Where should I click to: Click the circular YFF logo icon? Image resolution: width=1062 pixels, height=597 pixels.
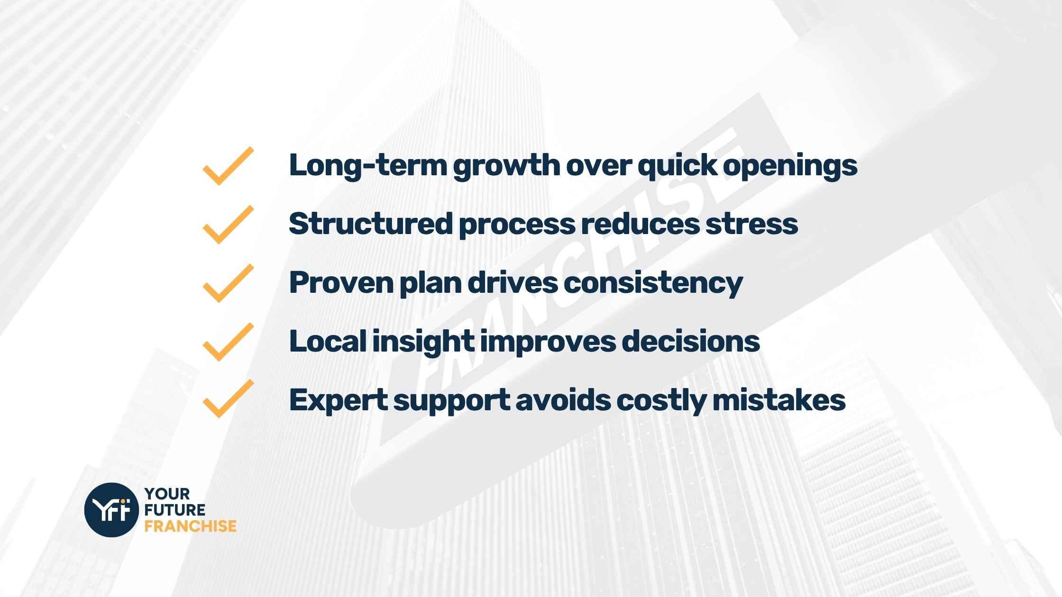tap(111, 510)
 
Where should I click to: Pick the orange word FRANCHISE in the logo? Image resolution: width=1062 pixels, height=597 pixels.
tap(190, 526)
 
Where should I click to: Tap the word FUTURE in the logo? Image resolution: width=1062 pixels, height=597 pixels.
tap(175, 510)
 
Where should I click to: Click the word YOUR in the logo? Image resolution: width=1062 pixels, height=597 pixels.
tap(167, 494)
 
